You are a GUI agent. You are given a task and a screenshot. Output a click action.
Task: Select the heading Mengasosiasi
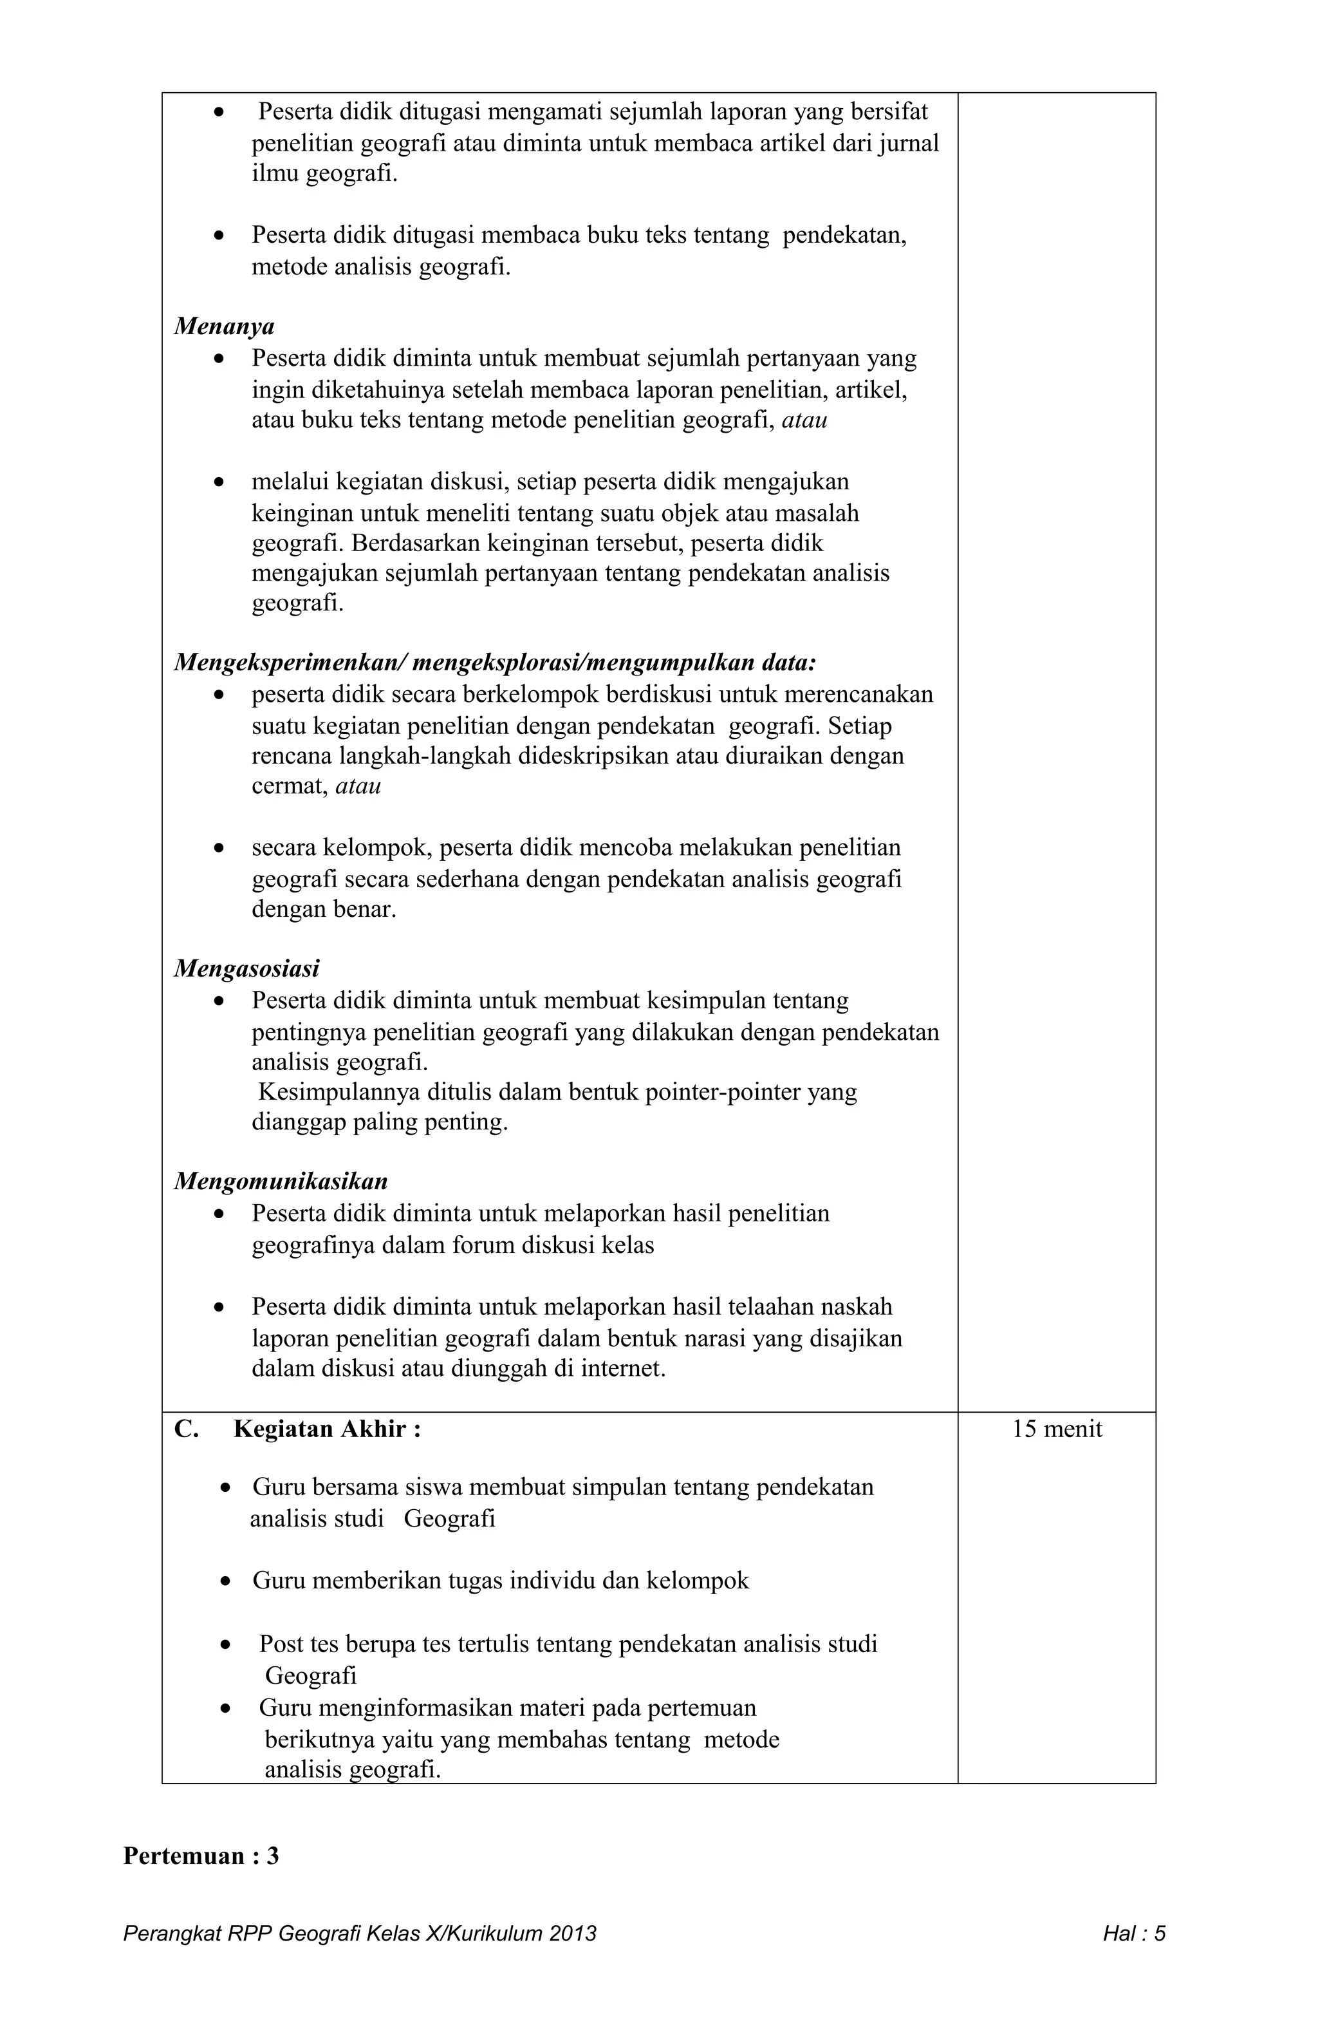pyautogui.click(x=246, y=969)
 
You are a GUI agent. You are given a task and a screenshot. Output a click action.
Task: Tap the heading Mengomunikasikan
pyautogui.click(x=281, y=1181)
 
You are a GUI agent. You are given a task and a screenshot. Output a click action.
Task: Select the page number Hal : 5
pyautogui.click(x=1133, y=1934)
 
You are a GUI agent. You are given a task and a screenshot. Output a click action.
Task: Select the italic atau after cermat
pyautogui.click(x=358, y=786)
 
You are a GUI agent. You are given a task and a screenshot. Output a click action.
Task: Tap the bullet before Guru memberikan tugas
pyautogui.click(x=225, y=1582)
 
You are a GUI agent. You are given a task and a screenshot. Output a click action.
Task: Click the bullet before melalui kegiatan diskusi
pyautogui.click(x=220, y=483)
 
